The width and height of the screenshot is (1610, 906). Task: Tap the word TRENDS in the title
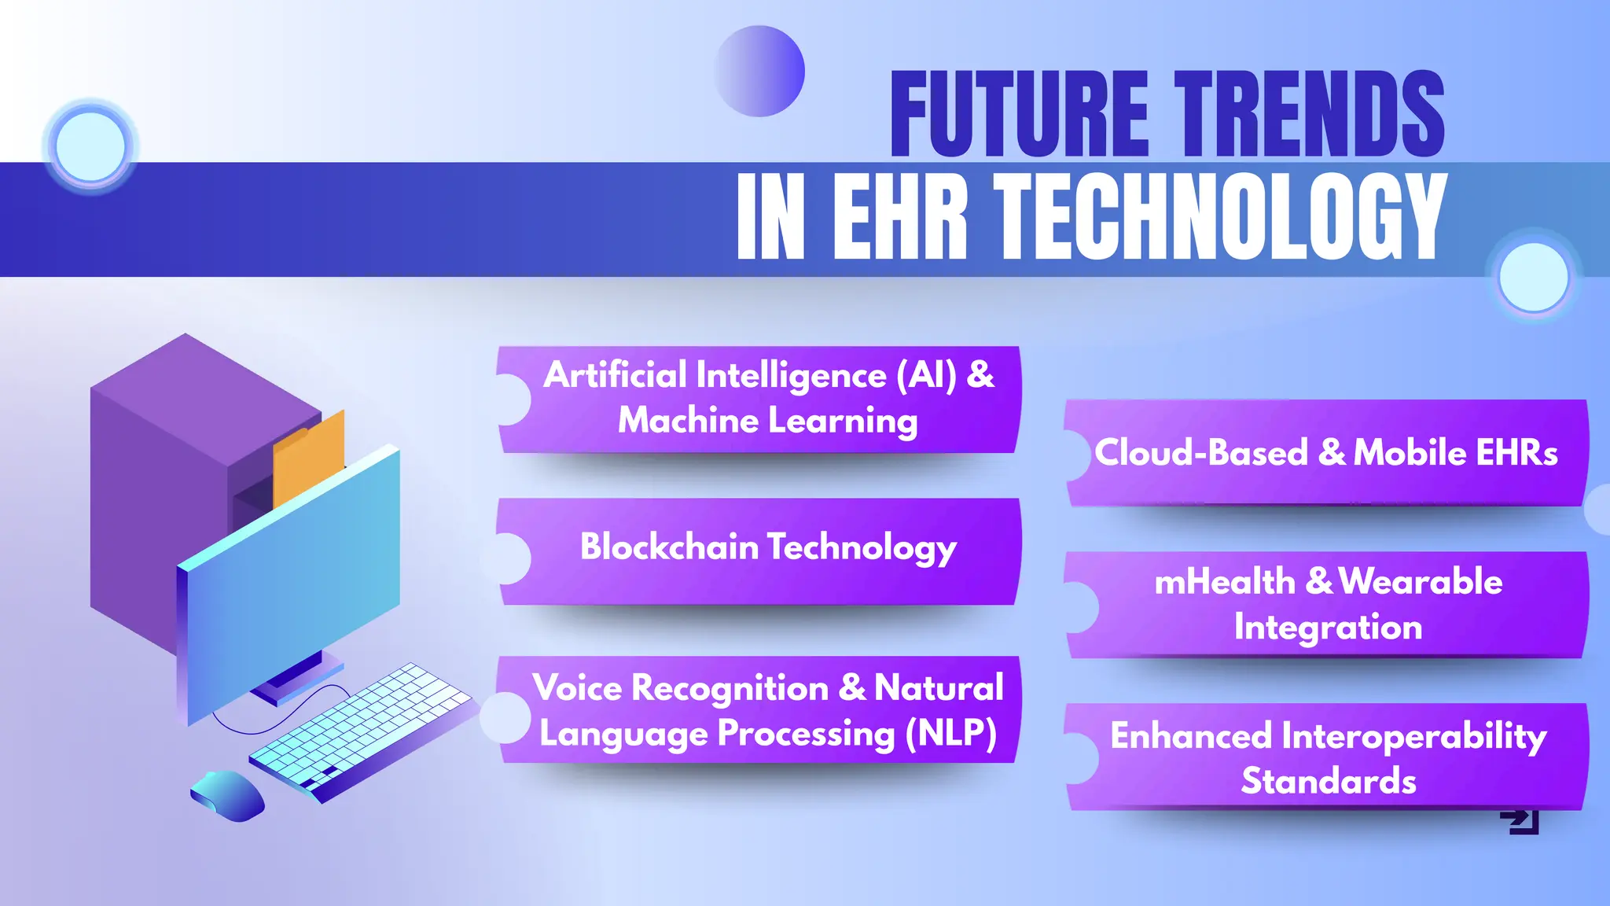[x=1309, y=114]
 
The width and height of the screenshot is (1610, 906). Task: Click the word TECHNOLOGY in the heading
[x=1219, y=217]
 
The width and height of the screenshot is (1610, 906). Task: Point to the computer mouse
[x=227, y=796]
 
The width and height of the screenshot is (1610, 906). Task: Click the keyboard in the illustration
[x=362, y=727]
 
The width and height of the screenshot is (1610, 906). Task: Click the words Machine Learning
[x=767, y=421]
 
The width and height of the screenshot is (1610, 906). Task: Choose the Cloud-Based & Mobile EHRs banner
[x=1325, y=453]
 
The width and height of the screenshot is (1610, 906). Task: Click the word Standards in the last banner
[x=1328, y=782]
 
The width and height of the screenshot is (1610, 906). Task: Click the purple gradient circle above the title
[x=760, y=72]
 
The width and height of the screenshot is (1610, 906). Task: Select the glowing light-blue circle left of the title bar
[x=91, y=147]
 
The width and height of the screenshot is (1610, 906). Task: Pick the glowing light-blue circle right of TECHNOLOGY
[x=1533, y=278]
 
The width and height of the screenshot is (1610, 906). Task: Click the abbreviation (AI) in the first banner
[x=927, y=375]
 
